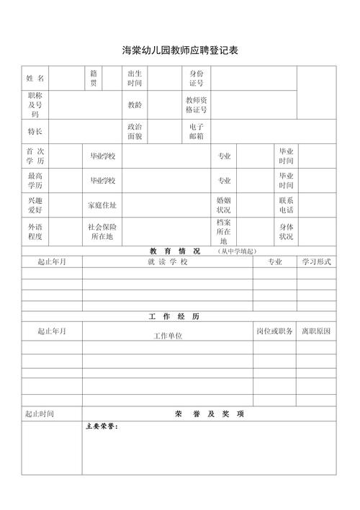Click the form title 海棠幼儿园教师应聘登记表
coord(180,50)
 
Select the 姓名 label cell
coord(35,79)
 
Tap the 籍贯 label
coord(94,79)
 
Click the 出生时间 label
coord(135,79)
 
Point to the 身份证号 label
coord(197,79)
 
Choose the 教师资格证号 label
coord(197,105)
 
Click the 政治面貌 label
coord(135,131)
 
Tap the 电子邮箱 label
coord(197,131)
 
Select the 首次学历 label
coord(35,156)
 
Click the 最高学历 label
coord(35,181)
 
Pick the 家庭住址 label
coord(102,205)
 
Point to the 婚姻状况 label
coord(224,205)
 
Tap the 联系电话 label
coord(286,205)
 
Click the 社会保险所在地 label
coord(102,231)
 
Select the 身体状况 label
coord(286,231)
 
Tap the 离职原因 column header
coord(317,331)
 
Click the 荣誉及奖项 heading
coord(209,414)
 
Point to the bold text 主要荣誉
coord(102,426)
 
